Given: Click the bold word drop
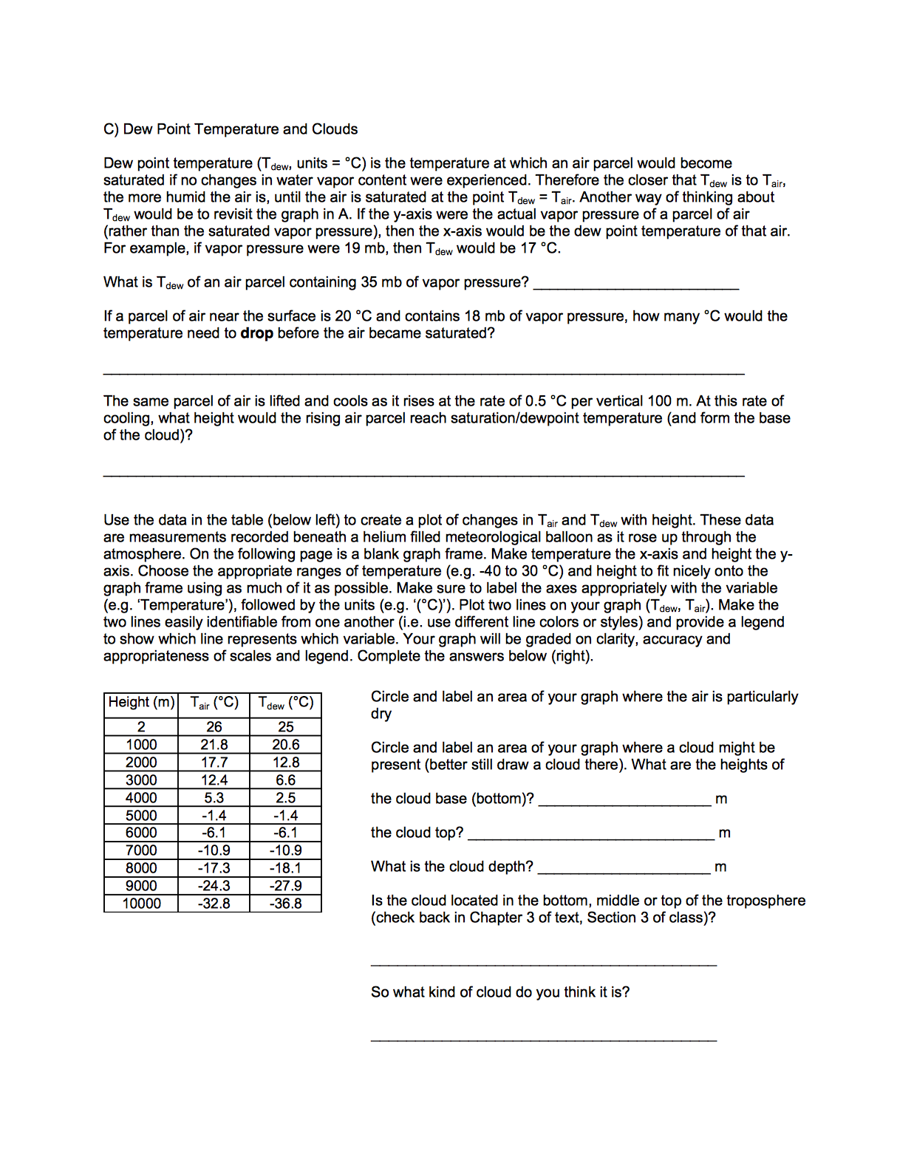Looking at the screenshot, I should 256,333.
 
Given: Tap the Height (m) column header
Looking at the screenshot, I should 141,703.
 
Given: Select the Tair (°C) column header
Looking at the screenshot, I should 214,703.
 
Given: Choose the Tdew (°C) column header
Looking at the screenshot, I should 286,703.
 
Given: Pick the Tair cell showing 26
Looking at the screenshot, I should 214,727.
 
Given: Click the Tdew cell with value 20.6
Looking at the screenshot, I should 286,745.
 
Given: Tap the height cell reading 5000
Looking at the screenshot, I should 141,816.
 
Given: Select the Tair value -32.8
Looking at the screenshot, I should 214,904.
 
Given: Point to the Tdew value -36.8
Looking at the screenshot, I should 286,904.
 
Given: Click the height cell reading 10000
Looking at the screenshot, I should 141,904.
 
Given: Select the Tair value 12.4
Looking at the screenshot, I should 214,780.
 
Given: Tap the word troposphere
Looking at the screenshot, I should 765,901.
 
